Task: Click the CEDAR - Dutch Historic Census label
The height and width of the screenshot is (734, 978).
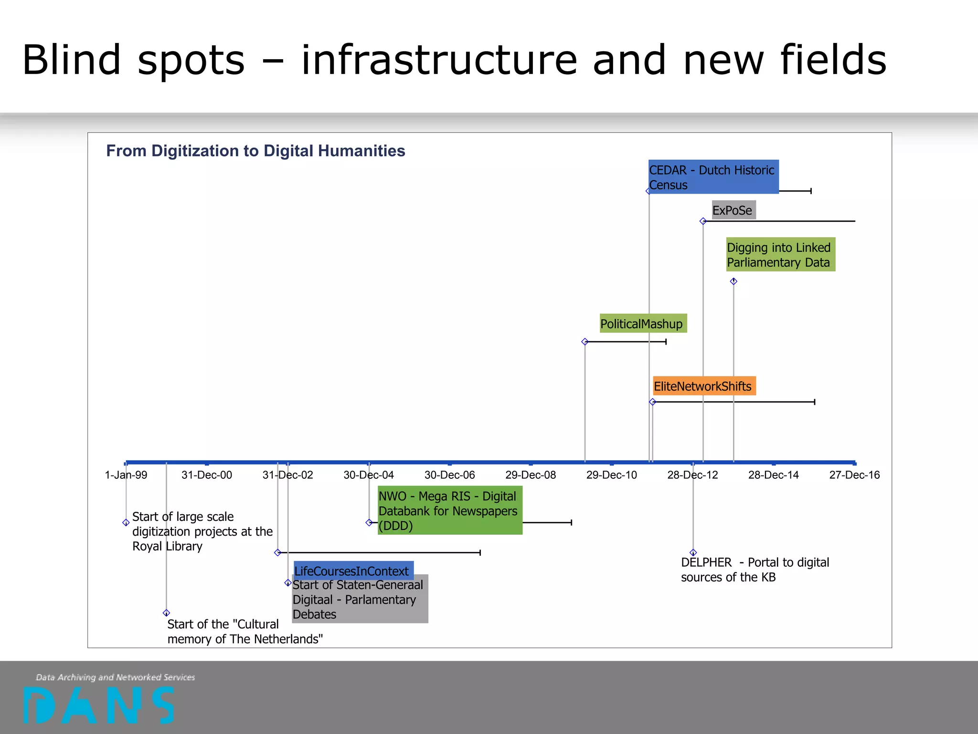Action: tap(713, 177)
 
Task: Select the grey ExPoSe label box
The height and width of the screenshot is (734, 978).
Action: tap(733, 210)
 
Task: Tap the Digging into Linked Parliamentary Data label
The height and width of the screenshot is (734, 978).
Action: tap(780, 255)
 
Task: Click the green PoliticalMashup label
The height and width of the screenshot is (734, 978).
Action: tap(643, 324)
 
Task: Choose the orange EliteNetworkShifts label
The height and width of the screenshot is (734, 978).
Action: tap(704, 386)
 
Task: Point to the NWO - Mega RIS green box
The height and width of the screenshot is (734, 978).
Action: tap(449, 510)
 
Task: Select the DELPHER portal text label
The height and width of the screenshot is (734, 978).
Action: tap(755, 570)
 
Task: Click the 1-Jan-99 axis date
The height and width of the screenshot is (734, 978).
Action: tap(126, 475)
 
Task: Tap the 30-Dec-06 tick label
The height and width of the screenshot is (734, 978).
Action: tap(449, 475)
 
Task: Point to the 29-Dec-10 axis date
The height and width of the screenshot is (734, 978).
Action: tap(611, 475)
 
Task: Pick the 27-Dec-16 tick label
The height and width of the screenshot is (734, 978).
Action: tap(854, 475)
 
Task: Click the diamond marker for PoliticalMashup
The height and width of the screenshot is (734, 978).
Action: tap(585, 342)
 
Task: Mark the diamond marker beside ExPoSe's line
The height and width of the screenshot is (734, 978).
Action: tap(703, 221)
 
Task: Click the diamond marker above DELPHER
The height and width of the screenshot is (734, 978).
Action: tap(693, 552)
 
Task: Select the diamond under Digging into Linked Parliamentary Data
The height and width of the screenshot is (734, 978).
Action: tap(733, 281)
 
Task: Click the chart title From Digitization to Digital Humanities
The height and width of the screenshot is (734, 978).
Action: tap(255, 151)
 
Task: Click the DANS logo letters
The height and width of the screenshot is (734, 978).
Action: tap(99, 705)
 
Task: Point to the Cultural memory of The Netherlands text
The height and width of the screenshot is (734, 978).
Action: tap(244, 632)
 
